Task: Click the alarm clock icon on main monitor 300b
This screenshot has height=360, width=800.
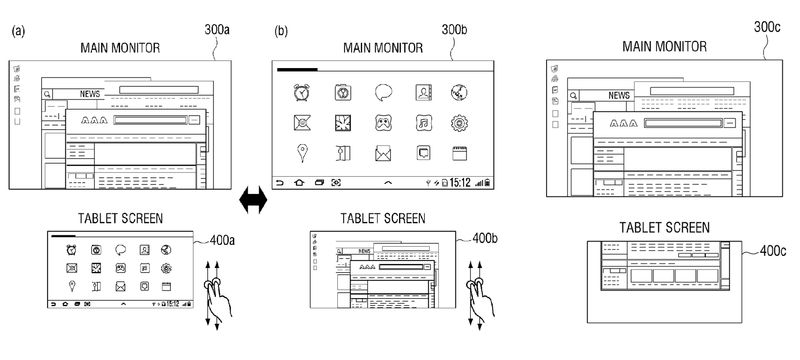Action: click(x=301, y=92)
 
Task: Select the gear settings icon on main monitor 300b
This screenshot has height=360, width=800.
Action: click(x=460, y=123)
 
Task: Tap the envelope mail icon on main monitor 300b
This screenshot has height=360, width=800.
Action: click(x=382, y=153)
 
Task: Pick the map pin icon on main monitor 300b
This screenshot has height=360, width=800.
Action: click(x=301, y=153)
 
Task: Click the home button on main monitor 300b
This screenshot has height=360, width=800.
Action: click(x=298, y=183)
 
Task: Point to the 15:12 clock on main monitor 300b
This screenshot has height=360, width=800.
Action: click(x=460, y=183)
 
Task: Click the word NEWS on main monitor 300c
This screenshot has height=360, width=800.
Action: click(x=619, y=95)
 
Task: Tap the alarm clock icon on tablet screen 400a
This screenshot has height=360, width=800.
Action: click(x=71, y=250)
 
